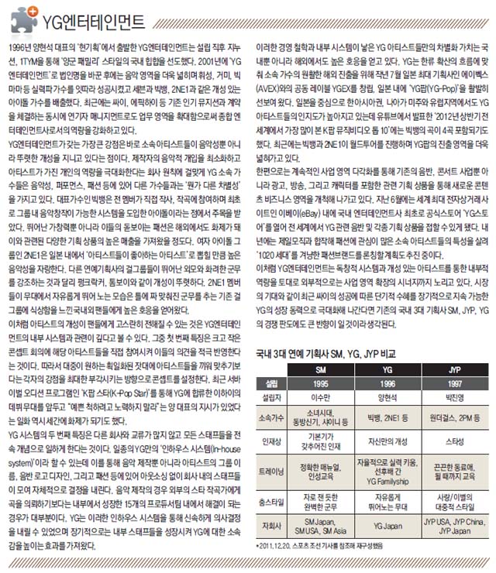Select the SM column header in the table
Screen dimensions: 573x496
tap(320, 369)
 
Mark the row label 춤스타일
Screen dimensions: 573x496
tap(271, 499)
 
